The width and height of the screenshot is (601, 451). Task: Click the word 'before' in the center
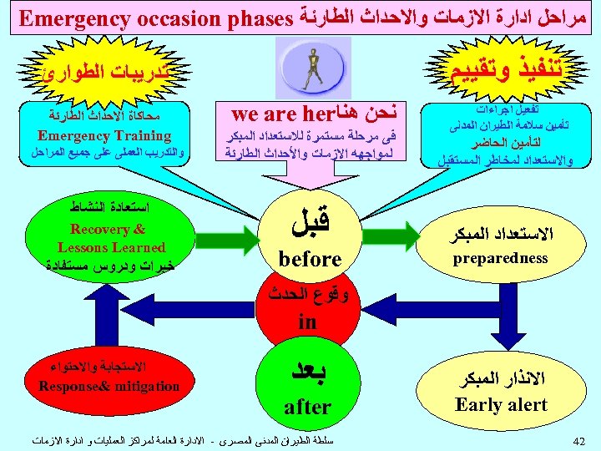click(x=310, y=259)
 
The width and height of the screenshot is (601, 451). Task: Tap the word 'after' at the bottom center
click(x=307, y=407)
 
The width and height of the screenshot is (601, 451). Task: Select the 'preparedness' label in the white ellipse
click(x=500, y=258)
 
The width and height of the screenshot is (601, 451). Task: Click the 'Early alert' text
click(x=501, y=404)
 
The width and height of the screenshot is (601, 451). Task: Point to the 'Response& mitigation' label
click(x=109, y=386)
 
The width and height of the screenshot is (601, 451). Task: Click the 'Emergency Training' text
click(x=104, y=135)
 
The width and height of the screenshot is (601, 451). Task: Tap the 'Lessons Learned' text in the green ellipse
click(x=111, y=247)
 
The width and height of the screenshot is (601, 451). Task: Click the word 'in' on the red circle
click(x=307, y=321)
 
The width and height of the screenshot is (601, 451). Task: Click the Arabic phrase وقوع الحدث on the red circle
click(x=309, y=294)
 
